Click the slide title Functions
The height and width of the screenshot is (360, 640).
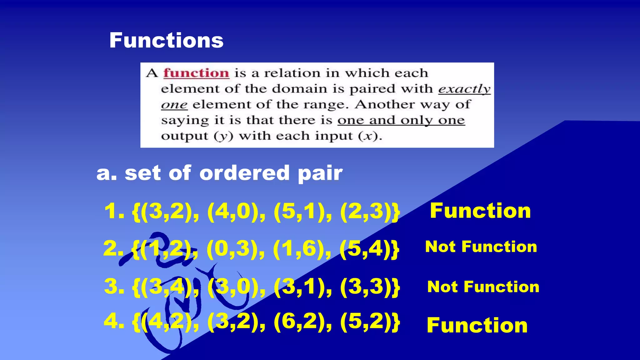click(x=166, y=40)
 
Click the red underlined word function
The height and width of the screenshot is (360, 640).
click(x=196, y=73)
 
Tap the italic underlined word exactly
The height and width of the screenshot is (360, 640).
click(x=464, y=89)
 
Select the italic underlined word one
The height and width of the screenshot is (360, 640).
click(x=174, y=105)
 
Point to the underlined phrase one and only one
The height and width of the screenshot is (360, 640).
click(x=401, y=120)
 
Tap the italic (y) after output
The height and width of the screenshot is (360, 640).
click(x=223, y=136)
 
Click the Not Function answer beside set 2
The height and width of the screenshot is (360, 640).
click(x=481, y=247)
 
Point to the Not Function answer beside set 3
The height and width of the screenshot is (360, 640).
click(x=483, y=287)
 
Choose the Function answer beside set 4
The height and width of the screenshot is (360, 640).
click(x=477, y=325)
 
